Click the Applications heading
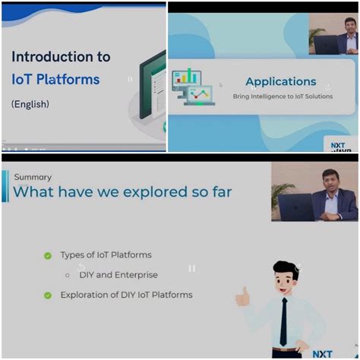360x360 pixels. point(280,81)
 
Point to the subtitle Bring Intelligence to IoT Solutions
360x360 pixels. point(283,96)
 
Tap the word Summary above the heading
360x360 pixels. point(33,177)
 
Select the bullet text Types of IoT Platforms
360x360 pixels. point(106,255)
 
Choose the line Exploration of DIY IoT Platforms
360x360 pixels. point(126,295)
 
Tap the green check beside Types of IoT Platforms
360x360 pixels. point(48,256)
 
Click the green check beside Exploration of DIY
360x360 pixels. point(48,295)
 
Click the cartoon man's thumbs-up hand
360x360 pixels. point(243,296)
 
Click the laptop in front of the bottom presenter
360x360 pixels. point(295,206)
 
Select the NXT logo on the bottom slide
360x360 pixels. point(322,353)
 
